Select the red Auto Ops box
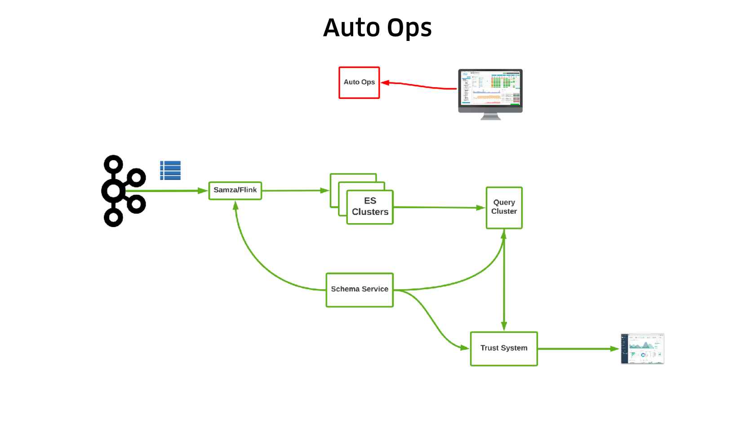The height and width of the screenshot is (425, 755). tap(359, 83)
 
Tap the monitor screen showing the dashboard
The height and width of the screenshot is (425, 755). tap(490, 88)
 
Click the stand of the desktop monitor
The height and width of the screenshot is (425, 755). tap(490, 116)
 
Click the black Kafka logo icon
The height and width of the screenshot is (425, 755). tap(122, 191)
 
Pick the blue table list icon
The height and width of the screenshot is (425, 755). tap(170, 170)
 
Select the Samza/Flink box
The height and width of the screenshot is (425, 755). tap(235, 190)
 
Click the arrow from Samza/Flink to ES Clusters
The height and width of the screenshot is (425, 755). tap(294, 191)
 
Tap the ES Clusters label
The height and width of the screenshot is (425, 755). tap(370, 206)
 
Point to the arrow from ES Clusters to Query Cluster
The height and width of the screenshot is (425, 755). tap(438, 207)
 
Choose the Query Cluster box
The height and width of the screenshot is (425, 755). tap(504, 207)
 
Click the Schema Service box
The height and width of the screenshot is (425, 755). tap(360, 290)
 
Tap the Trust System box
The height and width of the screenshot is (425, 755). tap(504, 349)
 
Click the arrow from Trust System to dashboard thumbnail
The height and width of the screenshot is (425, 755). tap(577, 349)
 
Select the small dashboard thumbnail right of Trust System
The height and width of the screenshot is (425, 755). tap(642, 349)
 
